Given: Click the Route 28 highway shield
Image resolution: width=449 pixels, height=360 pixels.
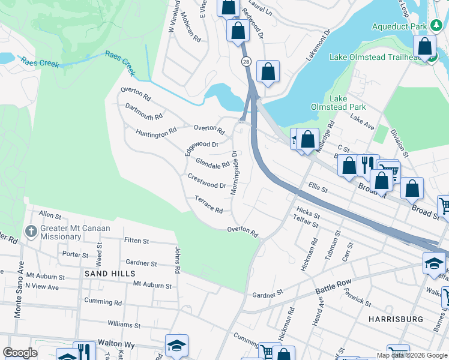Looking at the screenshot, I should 246,61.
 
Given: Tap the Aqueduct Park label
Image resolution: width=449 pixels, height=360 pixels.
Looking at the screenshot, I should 399,26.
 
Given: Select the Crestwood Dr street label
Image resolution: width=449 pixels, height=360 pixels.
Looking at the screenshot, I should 206,181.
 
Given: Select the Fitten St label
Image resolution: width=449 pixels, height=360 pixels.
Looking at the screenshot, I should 136,241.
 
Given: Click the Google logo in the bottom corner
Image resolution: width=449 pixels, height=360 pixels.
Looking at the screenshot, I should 20,353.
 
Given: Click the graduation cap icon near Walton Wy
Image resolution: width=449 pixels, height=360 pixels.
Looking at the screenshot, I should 176,346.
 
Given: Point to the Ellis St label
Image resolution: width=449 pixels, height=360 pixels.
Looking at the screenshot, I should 318,188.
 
